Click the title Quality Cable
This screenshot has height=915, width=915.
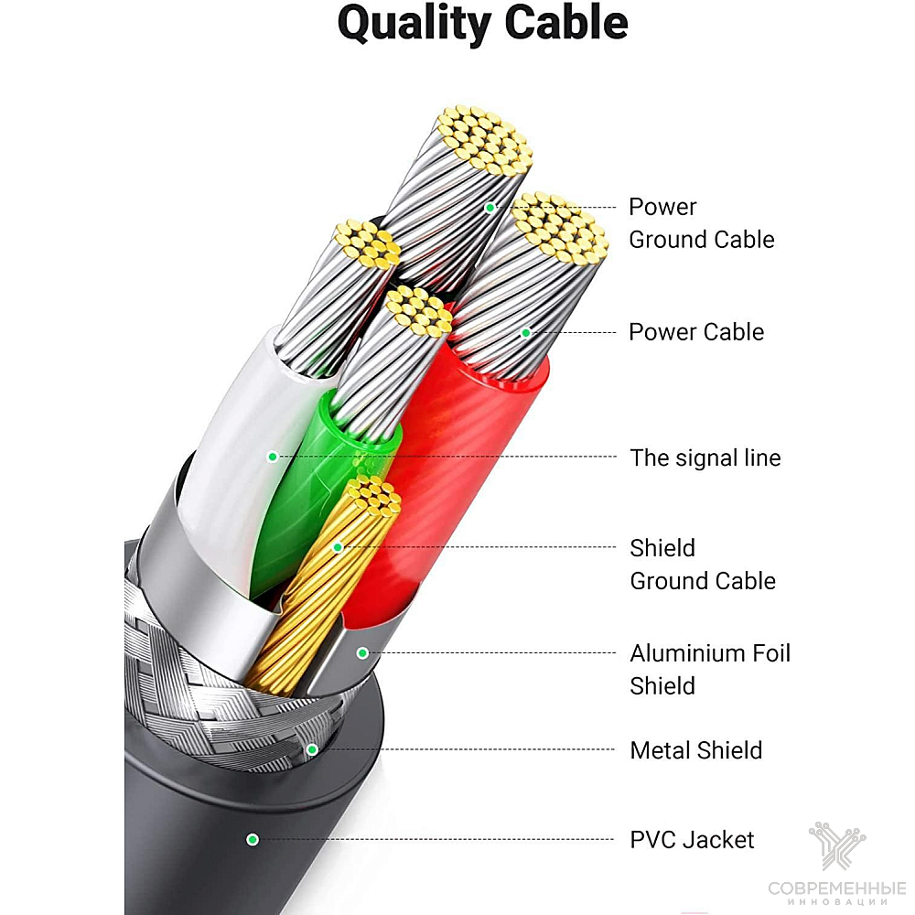tap(482, 25)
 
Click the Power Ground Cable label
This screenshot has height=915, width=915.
tap(702, 223)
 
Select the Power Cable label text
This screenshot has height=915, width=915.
tap(696, 332)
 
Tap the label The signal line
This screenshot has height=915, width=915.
tap(705, 458)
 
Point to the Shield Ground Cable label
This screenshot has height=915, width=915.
tap(703, 565)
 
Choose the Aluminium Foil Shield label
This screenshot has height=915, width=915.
tap(710, 670)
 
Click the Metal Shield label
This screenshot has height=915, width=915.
tap(696, 750)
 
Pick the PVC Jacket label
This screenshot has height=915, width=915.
tap(692, 840)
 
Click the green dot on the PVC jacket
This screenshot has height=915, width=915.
tap(253, 840)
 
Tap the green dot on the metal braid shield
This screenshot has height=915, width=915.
tap(312, 749)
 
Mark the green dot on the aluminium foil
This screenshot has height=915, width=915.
tap(362, 653)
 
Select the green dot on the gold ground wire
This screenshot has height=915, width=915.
tap(338, 547)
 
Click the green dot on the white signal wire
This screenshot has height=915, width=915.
tap(272, 457)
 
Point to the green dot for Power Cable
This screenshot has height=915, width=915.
tap(526, 333)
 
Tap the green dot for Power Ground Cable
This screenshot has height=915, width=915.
tap(490, 207)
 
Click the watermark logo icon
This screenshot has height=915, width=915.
tap(837, 845)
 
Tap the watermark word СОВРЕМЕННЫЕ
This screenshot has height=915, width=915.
tap(837, 888)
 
